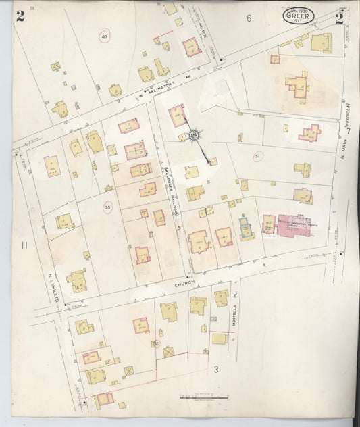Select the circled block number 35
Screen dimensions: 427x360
pyautogui.click(x=107, y=207)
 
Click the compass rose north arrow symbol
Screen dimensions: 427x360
pyautogui.click(x=195, y=136)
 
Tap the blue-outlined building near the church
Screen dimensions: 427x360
pyautogui.click(x=245, y=226)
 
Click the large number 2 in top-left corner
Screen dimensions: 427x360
pyautogui.click(x=20, y=17)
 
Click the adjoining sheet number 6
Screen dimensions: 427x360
pyautogui.click(x=249, y=18)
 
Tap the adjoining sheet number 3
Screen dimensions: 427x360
pyautogui.click(x=216, y=369)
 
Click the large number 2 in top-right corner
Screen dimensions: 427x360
pyautogui.click(x=339, y=18)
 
